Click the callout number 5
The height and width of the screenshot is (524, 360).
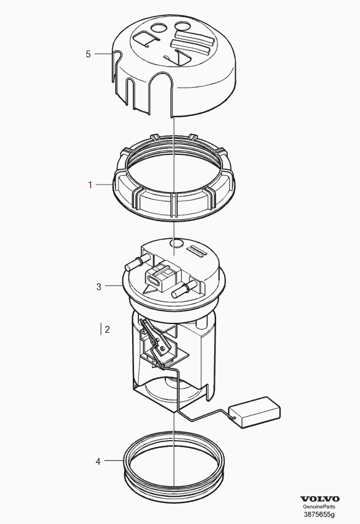tap(88, 54)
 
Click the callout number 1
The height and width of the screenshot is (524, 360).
tap(90, 185)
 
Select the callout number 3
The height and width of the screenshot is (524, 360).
tap(99, 287)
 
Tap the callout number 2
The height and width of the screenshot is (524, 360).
tap(107, 330)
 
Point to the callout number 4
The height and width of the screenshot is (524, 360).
tap(98, 462)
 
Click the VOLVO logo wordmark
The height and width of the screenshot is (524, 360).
tap(320, 499)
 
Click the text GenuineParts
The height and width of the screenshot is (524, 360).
tap(320, 507)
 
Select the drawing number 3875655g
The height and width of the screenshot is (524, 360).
tap(319, 514)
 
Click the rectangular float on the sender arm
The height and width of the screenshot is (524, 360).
tap(254, 412)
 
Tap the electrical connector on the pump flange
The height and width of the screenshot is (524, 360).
tap(161, 275)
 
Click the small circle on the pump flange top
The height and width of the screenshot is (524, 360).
tap(176, 243)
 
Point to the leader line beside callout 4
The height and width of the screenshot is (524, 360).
tap(114, 460)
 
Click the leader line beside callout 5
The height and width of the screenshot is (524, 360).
tap(103, 54)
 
